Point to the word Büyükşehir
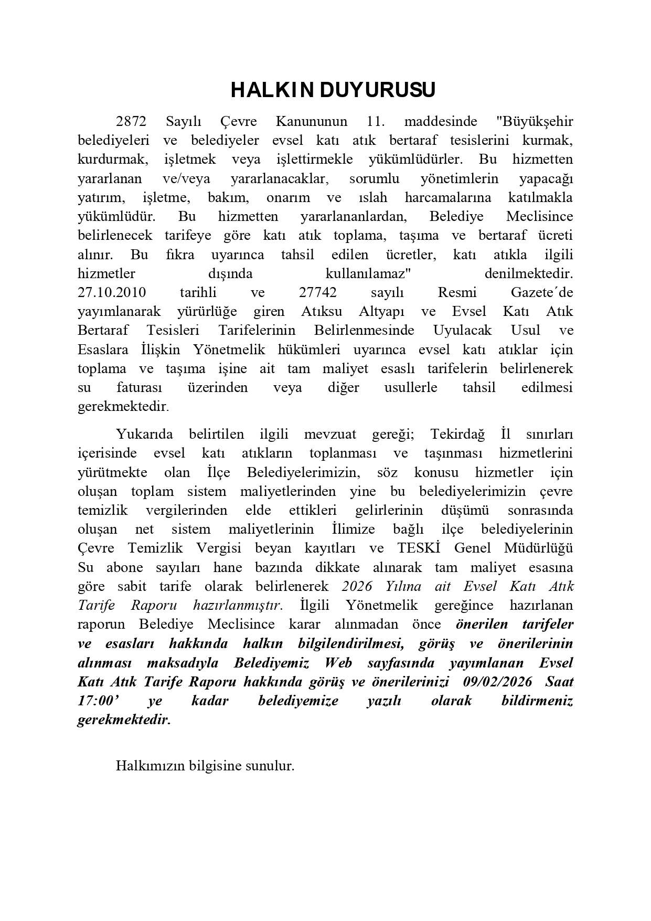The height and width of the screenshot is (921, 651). [534, 122]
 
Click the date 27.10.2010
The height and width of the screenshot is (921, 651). [112, 292]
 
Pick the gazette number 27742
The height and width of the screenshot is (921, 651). [318, 292]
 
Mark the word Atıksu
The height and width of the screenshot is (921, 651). [322, 311]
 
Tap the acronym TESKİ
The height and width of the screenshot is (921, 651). [418, 548]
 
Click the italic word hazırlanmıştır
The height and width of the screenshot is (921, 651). [238, 605]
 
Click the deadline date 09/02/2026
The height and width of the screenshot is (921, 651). [498, 681]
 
